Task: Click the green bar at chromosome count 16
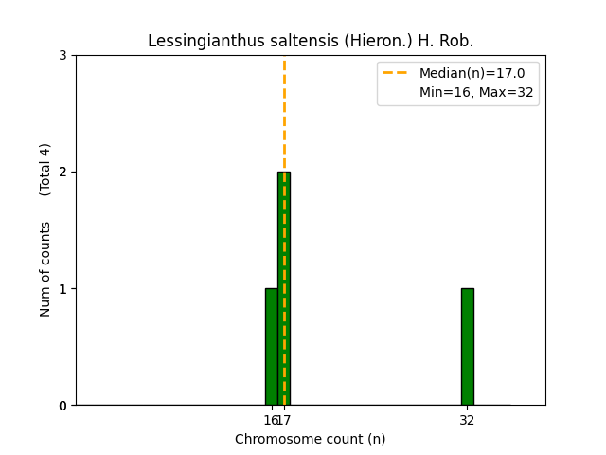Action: (271, 347)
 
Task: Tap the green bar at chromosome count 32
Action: (467, 347)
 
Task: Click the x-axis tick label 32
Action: (467, 421)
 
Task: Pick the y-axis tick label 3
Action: (62, 55)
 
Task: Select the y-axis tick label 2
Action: (62, 172)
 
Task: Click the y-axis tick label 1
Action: (62, 288)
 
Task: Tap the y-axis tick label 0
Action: (62, 406)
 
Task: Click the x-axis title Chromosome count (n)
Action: (311, 439)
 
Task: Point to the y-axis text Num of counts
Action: (45, 269)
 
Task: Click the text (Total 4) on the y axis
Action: (45, 170)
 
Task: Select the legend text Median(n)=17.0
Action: (465, 73)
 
